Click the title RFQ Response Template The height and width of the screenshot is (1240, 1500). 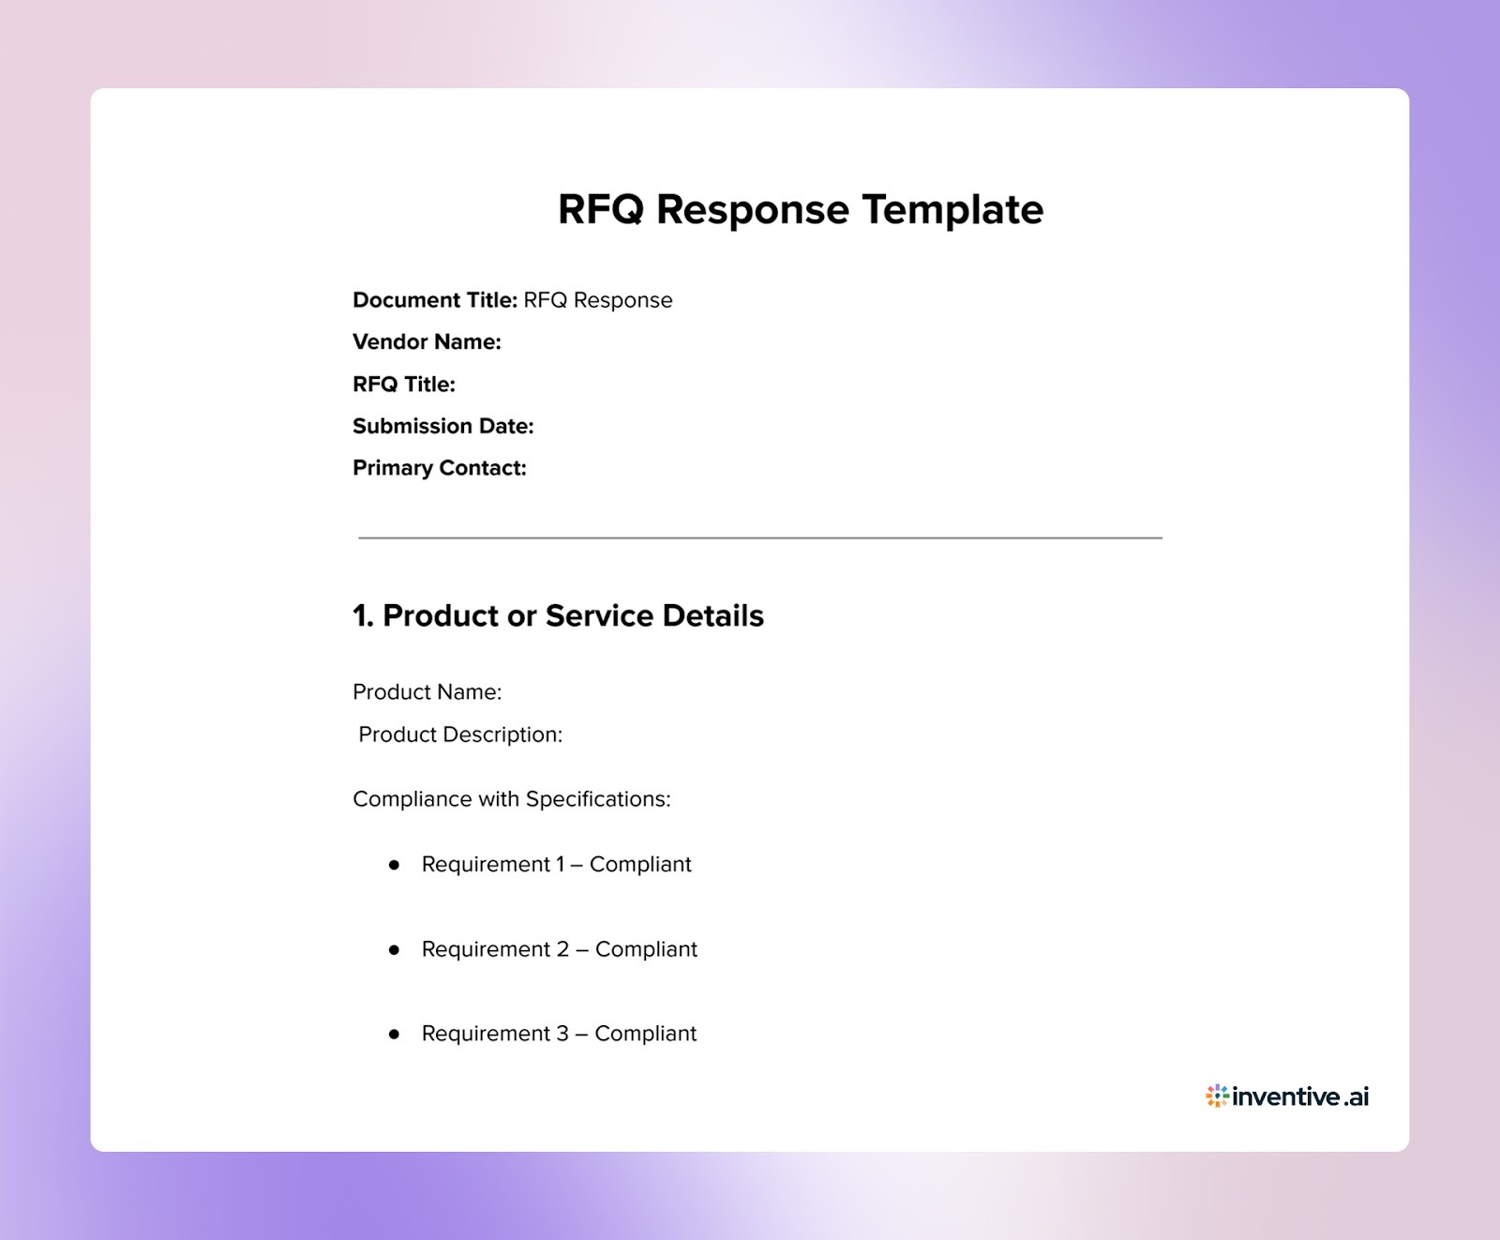click(x=800, y=209)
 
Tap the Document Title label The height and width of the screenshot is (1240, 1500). click(x=434, y=300)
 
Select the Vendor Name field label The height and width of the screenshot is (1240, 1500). click(x=427, y=342)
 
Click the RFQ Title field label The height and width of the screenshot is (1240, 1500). click(x=403, y=385)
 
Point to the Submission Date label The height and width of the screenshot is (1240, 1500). click(x=442, y=427)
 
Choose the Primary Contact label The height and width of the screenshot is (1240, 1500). click(x=439, y=468)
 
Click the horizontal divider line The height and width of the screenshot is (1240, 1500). click(x=759, y=538)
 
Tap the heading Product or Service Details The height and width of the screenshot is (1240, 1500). click(x=558, y=616)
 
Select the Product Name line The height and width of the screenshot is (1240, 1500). click(x=427, y=692)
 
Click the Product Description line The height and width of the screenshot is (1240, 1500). click(x=460, y=734)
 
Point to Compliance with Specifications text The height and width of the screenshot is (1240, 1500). click(x=511, y=799)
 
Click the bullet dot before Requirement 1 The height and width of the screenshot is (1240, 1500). click(x=394, y=865)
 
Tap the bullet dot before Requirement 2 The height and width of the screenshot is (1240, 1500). click(x=394, y=950)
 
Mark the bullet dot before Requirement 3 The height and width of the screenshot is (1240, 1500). click(x=394, y=1034)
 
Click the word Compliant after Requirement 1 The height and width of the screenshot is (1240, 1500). click(x=640, y=865)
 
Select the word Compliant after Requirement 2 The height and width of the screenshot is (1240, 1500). click(x=646, y=949)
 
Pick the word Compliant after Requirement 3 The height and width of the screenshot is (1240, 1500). click(x=645, y=1034)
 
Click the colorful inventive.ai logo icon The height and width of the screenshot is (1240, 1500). click(x=1217, y=1096)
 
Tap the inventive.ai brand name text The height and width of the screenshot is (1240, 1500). click(x=1300, y=1096)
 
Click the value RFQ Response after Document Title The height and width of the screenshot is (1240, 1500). click(x=597, y=300)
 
